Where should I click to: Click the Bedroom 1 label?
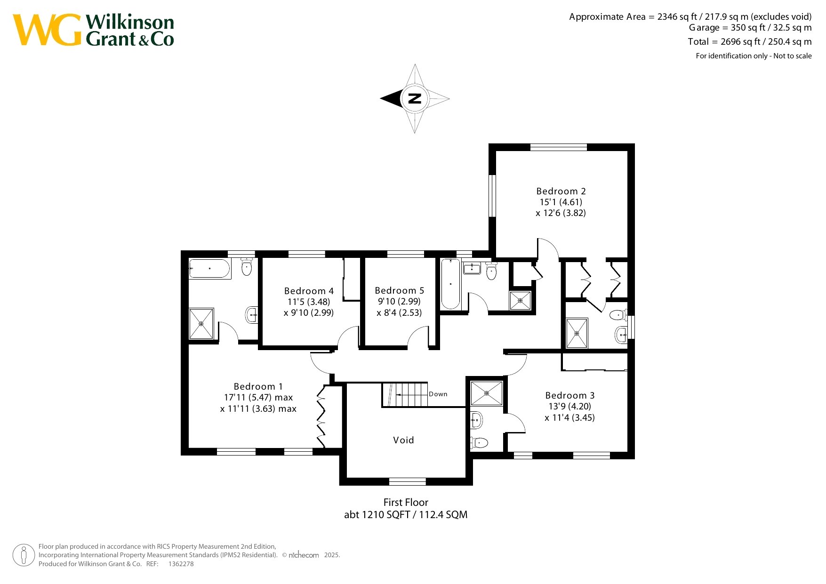click(x=258, y=386)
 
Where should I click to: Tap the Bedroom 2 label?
click(x=561, y=191)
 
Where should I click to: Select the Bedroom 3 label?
click(x=570, y=395)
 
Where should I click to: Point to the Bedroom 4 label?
click(x=309, y=291)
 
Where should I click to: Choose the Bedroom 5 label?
click(x=400, y=290)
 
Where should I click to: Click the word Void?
click(x=403, y=440)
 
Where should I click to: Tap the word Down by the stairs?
click(x=438, y=394)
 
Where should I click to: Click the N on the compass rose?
click(x=415, y=98)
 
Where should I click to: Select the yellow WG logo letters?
click(x=47, y=30)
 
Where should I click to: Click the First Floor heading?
click(x=406, y=502)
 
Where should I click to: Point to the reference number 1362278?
click(x=181, y=564)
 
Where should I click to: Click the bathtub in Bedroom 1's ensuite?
click(x=209, y=269)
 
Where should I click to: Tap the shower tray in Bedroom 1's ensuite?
click(x=201, y=323)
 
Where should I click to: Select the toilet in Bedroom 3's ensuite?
click(x=479, y=442)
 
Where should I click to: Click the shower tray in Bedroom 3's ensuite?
click(x=487, y=392)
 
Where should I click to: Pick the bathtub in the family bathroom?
click(x=450, y=284)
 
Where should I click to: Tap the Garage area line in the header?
click(x=750, y=28)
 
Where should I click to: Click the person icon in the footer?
click(x=24, y=555)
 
